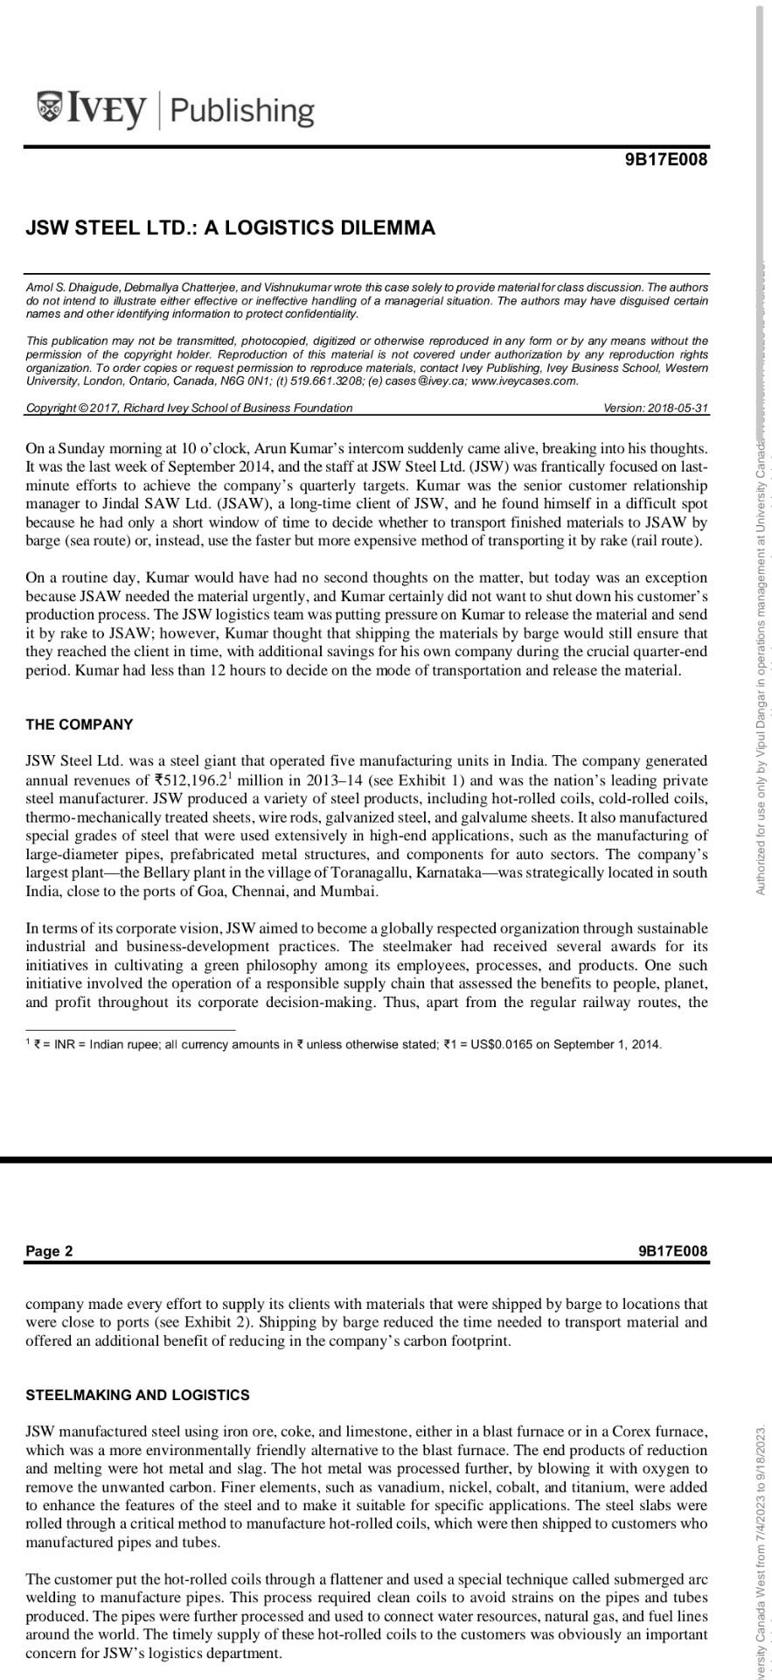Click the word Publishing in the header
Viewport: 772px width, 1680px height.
point(241,110)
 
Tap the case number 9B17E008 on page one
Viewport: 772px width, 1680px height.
point(666,159)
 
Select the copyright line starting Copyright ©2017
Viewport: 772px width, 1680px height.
point(189,408)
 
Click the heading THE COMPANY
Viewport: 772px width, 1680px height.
point(80,724)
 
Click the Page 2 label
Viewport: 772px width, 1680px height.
point(50,1251)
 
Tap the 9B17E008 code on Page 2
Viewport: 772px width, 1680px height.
point(672,1251)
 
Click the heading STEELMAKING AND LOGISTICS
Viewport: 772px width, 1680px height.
point(137,1395)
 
